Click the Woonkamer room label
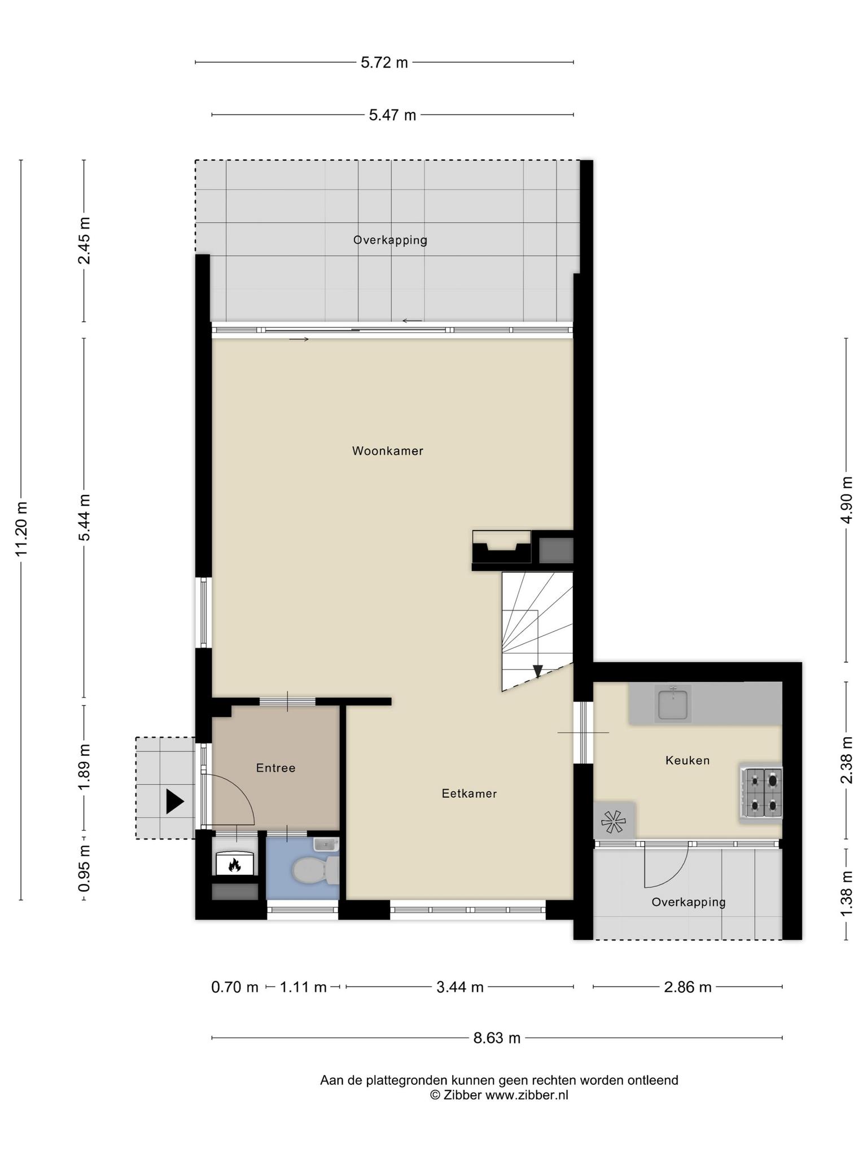coord(387,451)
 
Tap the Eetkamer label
coord(469,794)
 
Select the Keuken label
coord(687,760)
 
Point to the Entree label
coord(275,768)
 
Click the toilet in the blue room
coord(315,870)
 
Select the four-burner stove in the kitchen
coord(761,793)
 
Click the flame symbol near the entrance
coord(234,864)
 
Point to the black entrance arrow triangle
coord(174,802)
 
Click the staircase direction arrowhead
coord(538,671)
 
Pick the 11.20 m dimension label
coord(21,529)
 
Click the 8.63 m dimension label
coord(497,1037)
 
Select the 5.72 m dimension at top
coord(384,62)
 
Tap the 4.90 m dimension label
coord(846,500)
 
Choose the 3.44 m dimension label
coord(460,987)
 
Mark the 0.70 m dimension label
coord(235,987)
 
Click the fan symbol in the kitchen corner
coord(614,821)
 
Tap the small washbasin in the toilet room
coord(326,844)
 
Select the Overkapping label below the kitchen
coord(689,902)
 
